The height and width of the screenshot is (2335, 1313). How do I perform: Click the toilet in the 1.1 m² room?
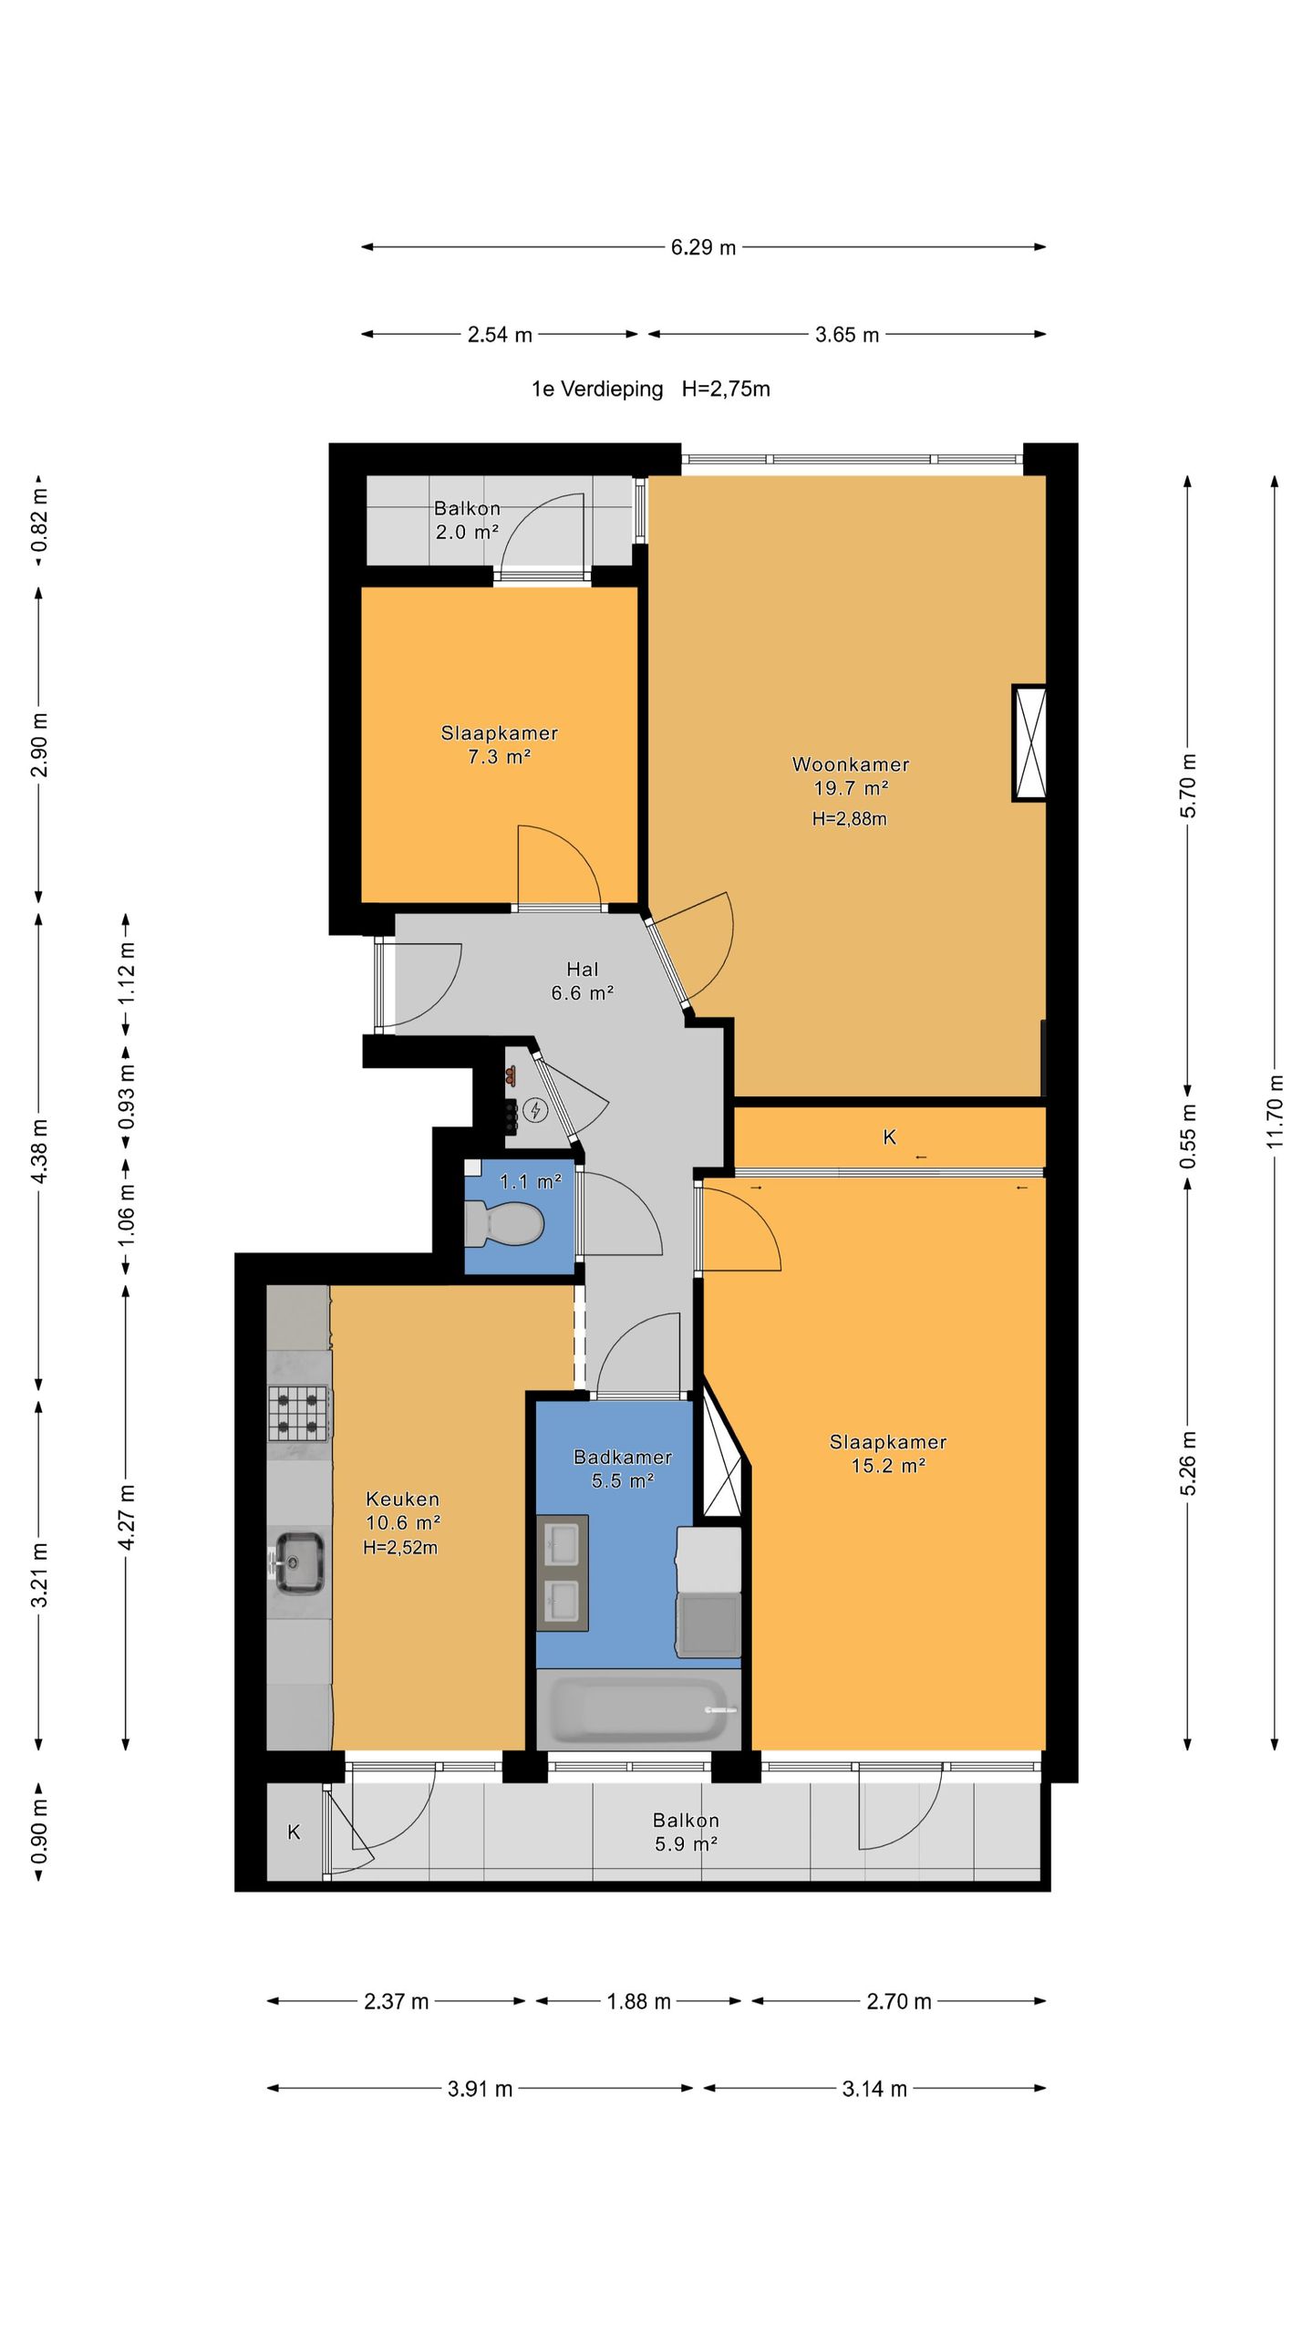[504, 1222]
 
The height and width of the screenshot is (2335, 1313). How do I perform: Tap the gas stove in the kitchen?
[299, 1412]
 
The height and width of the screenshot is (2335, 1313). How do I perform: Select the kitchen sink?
[299, 1562]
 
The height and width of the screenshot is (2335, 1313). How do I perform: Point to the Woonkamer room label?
[851, 764]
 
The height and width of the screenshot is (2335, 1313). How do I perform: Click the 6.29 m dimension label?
[703, 247]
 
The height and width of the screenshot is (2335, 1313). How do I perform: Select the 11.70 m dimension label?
[1275, 1112]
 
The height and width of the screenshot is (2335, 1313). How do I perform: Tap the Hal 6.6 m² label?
[583, 981]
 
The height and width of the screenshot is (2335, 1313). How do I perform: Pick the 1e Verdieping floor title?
[597, 389]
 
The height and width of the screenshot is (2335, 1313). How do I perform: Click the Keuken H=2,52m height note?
[400, 1548]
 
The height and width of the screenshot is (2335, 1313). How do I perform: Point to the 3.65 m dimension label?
[847, 335]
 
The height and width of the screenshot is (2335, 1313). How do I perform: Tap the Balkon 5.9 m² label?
[686, 1832]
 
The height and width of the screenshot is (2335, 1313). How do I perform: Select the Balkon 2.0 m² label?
[467, 520]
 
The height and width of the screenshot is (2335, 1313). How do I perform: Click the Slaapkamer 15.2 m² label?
[888, 1454]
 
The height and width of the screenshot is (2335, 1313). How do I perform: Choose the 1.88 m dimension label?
[638, 2002]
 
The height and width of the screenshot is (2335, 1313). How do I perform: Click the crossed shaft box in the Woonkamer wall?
[1029, 742]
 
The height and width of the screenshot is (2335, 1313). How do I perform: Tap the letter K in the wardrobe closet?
[890, 1136]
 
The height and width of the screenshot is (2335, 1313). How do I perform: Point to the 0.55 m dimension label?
[1188, 1136]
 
